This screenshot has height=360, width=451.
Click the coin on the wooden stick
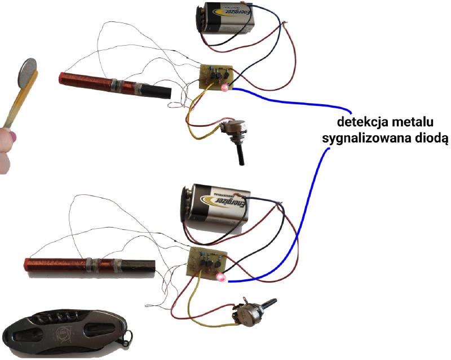27,73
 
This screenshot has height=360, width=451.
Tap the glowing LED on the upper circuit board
224,87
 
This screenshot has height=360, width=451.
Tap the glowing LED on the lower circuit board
220,277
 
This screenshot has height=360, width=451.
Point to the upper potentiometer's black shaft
240,152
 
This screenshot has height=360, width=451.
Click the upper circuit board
216,77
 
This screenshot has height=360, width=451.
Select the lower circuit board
206,264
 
